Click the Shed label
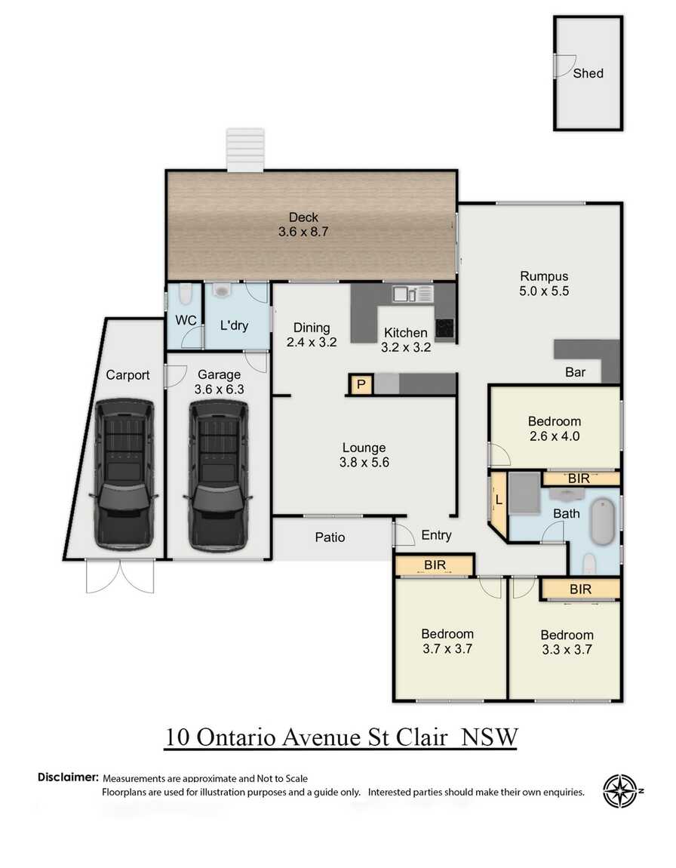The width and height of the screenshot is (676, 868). point(588,73)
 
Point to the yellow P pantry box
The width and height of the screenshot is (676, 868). point(361,385)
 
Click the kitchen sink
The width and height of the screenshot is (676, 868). point(401,294)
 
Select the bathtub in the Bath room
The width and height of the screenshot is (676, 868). point(604,521)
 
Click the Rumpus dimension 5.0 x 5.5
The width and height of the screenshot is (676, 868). point(544,291)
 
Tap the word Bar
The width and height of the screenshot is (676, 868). point(576,372)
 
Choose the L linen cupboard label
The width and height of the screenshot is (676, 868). point(499,500)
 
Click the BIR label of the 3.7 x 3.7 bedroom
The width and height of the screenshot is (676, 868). point(434,564)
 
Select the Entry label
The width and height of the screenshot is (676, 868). point(436,535)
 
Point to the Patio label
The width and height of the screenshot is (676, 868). point(330,537)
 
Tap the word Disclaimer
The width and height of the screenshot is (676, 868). point(68,777)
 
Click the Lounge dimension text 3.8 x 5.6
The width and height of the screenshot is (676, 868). point(364,463)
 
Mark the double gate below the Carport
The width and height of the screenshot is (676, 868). point(120,577)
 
